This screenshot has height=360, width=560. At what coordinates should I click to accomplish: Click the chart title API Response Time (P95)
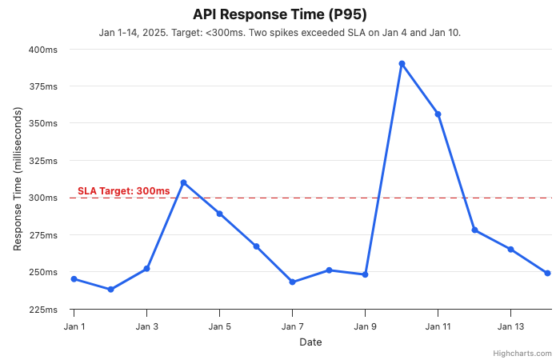point(279,14)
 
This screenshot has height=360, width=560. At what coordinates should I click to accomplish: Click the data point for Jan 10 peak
point(402,63)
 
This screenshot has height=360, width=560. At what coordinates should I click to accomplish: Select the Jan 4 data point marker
point(183,182)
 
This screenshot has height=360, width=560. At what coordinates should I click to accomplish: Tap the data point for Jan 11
point(438,114)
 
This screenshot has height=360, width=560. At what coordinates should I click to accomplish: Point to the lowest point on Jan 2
point(110,290)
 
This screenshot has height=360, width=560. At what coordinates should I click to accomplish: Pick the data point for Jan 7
point(293,282)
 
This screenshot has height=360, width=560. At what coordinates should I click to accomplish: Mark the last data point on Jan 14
point(547,273)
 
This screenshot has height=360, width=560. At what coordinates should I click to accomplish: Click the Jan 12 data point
point(474,230)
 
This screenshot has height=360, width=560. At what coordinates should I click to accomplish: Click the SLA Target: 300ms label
point(123,191)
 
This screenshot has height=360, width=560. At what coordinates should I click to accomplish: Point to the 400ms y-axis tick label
point(43,50)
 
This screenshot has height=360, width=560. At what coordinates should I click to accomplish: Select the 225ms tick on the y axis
point(43,310)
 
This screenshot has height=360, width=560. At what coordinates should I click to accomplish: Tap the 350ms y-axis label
point(43,124)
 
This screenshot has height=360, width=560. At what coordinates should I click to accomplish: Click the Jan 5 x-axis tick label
point(220,326)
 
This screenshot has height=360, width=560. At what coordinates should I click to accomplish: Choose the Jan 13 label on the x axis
point(510,326)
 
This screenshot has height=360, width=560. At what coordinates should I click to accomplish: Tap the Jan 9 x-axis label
point(366,326)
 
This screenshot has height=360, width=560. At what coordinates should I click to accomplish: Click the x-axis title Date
point(310,342)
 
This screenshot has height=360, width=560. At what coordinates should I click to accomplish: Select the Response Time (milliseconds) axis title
point(18,179)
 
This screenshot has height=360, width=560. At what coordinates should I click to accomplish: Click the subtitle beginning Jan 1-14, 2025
point(279,33)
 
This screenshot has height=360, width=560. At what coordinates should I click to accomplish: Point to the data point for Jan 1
point(74,279)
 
